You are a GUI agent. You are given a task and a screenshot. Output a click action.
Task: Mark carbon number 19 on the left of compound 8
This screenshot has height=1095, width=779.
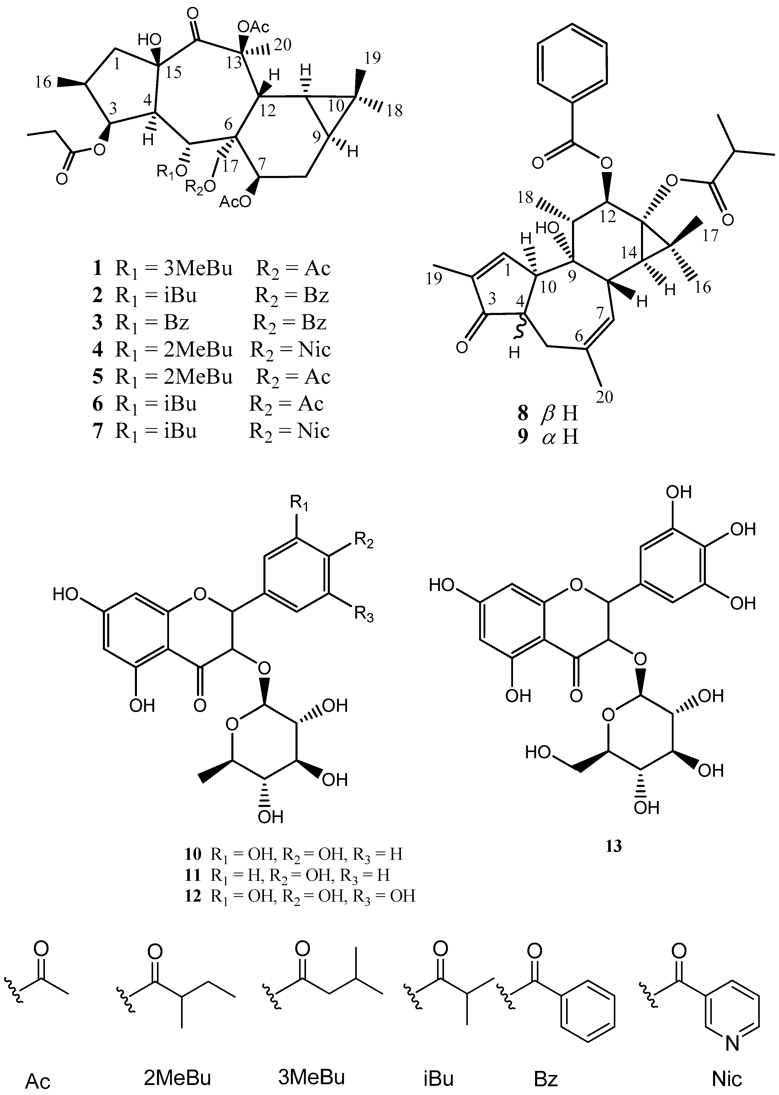tap(434, 278)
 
